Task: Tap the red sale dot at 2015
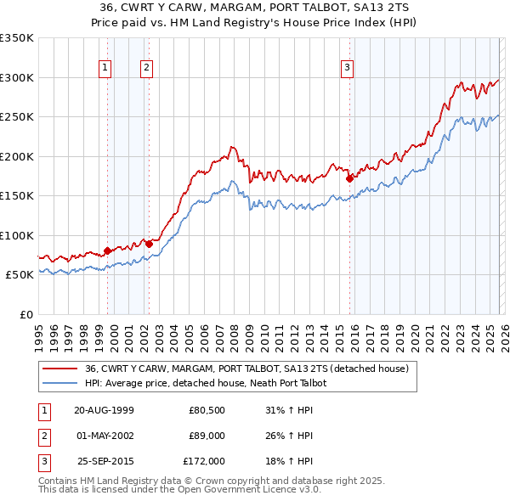(350, 178)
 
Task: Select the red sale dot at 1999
(107, 250)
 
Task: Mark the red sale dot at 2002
(149, 244)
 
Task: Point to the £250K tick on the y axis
(17, 116)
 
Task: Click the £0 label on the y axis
(25, 314)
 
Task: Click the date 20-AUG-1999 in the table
(104, 410)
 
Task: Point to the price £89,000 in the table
(207, 436)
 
